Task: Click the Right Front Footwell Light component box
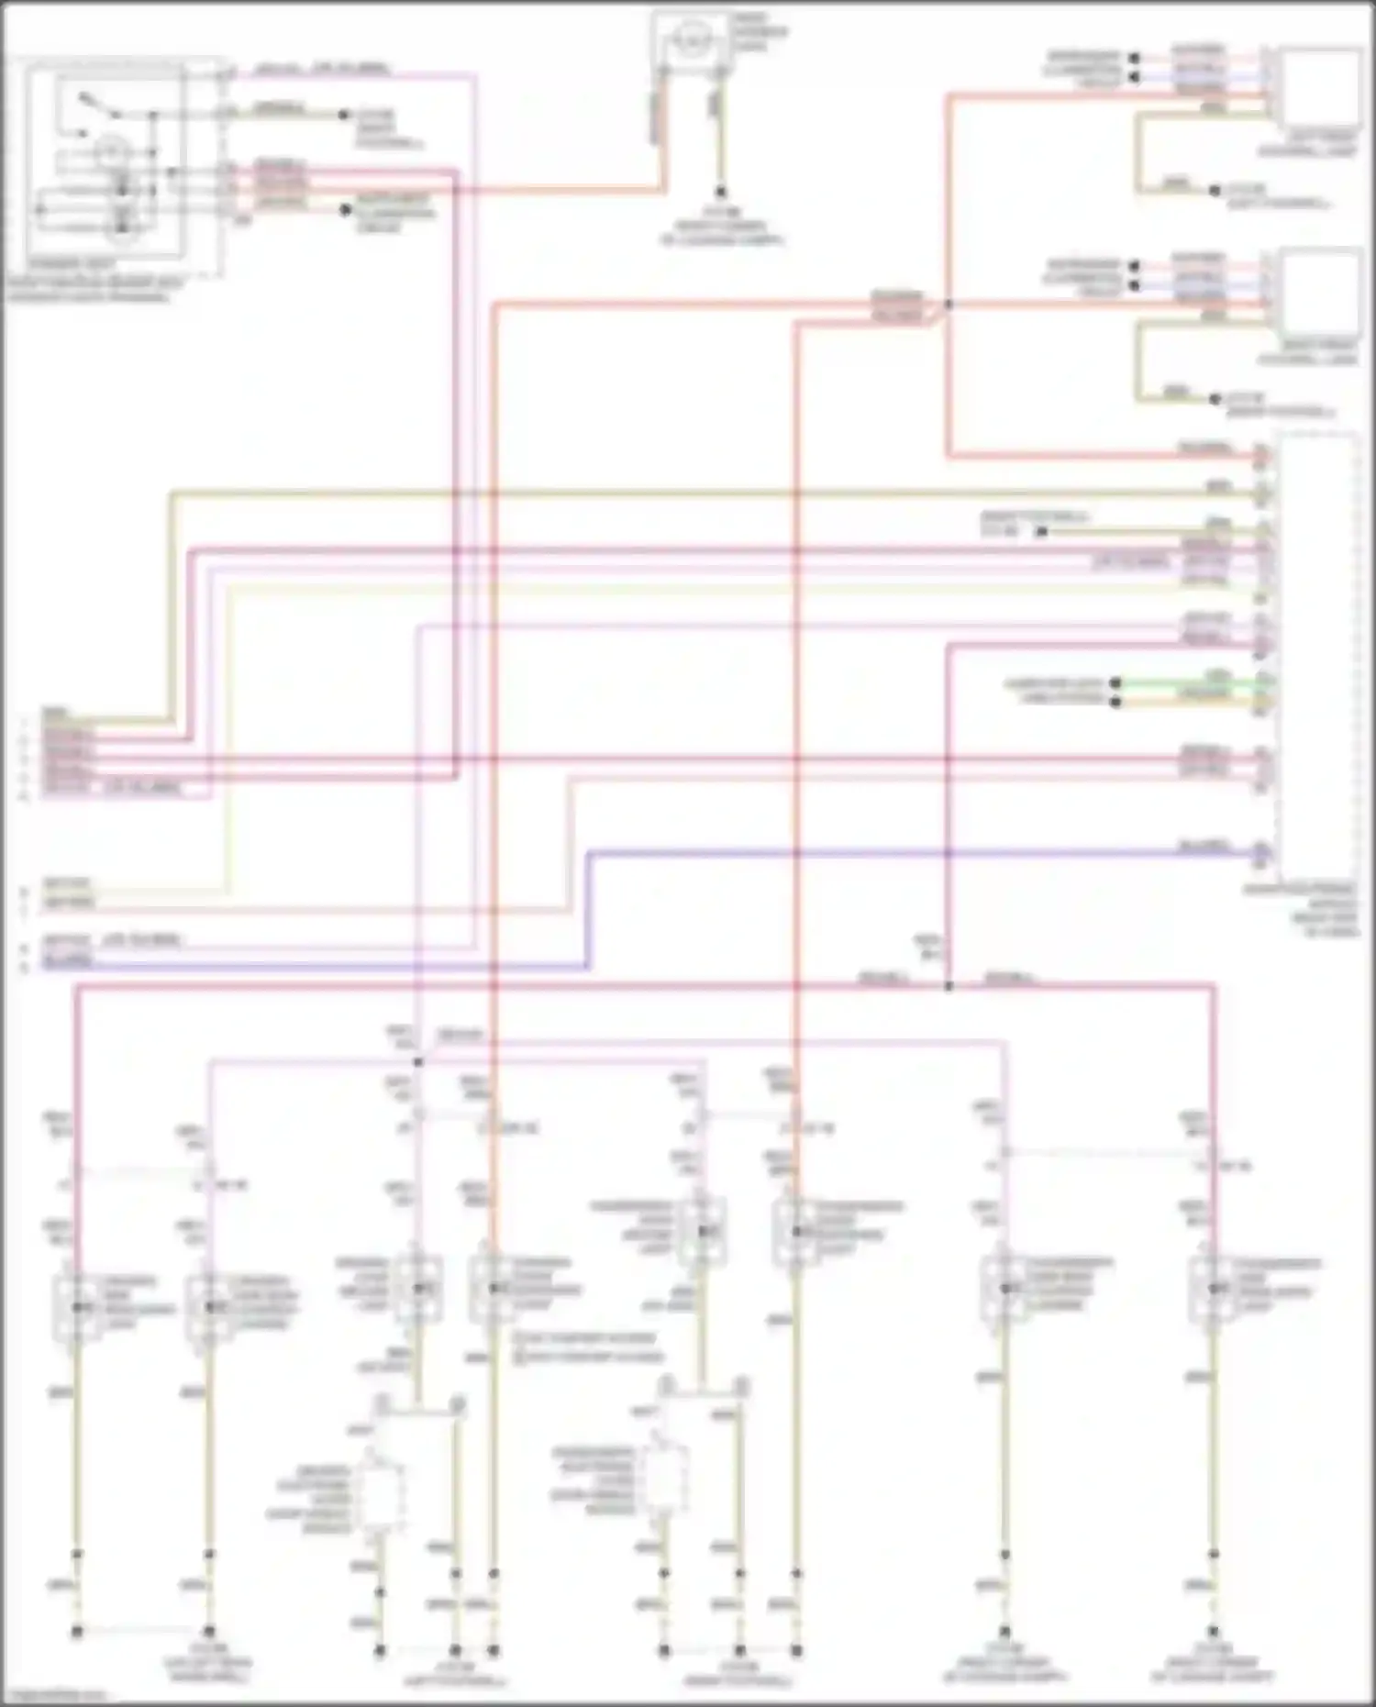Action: click(1319, 291)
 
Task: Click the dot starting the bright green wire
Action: click(1115, 683)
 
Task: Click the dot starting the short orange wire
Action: click(1115, 703)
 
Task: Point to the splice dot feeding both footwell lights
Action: click(949, 304)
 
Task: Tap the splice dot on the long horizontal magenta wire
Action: click(949, 986)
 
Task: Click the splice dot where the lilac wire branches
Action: click(418, 1062)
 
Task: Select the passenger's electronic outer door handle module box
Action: click(662, 1477)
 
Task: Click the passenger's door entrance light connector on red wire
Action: click(796, 1231)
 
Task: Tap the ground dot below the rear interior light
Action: click(721, 193)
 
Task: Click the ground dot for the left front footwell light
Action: click(1215, 191)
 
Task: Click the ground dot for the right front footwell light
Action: click(1215, 399)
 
